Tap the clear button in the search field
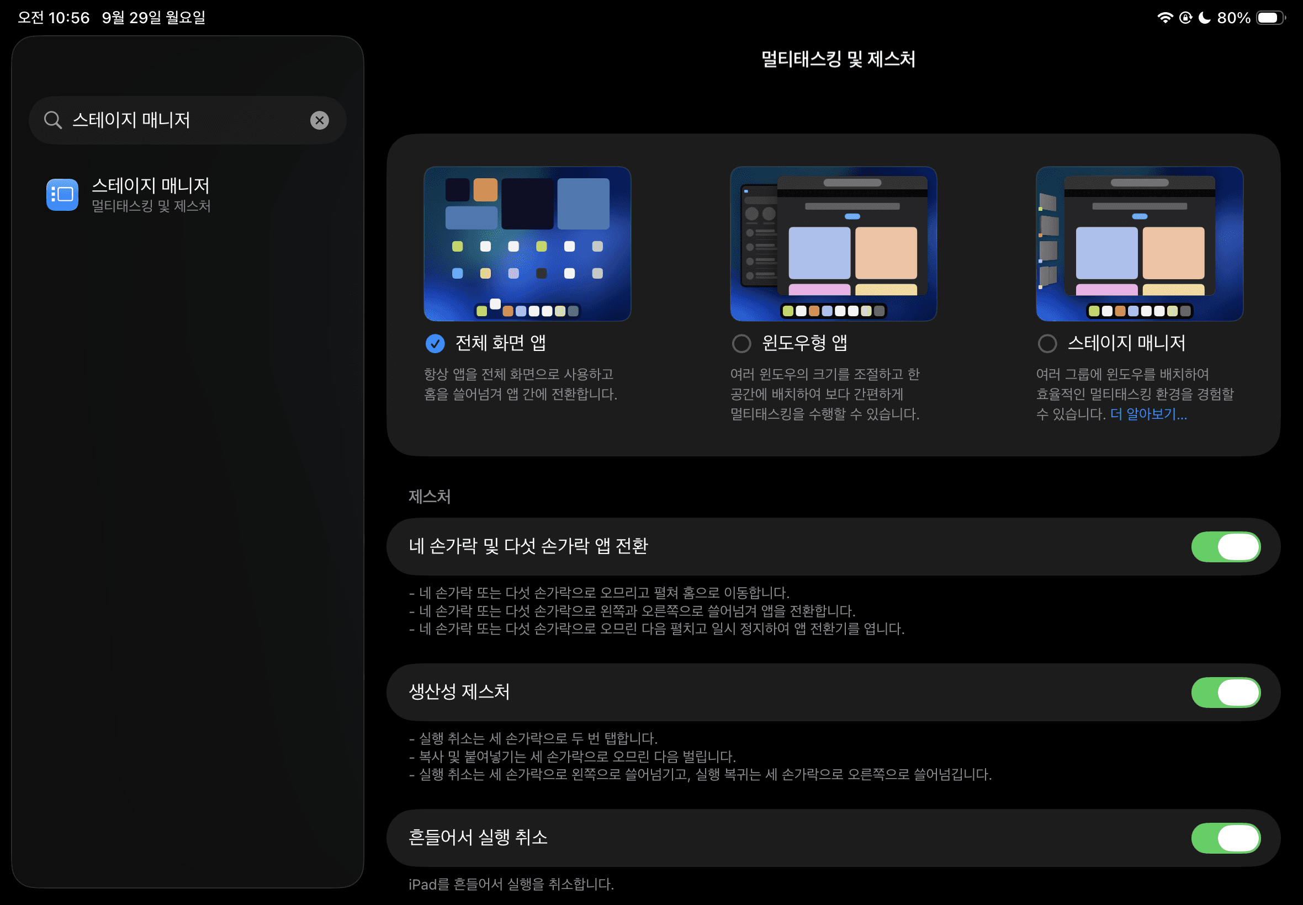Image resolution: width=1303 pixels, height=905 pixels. coord(319,120)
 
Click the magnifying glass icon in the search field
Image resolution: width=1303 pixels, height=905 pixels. coord(53,120)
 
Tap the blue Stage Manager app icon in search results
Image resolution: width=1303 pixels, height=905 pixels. coord(62,194)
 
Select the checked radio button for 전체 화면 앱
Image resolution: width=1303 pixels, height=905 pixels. coord(435,343)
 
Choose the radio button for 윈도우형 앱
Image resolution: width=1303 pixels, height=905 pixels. coord(741,343)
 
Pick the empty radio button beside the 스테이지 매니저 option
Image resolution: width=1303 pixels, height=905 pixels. coord(1047,343)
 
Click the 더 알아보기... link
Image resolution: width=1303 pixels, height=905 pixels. coord(1149,414)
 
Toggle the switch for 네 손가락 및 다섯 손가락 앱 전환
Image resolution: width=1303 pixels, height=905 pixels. coord(1226,547)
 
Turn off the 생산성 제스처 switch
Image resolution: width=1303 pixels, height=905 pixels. coord(1226,693)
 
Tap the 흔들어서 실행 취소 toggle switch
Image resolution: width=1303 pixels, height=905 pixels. coord(1226,838)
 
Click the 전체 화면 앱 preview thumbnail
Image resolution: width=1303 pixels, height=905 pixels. coord(528,244)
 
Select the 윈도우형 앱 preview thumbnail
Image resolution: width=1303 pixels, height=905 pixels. coord(833,244)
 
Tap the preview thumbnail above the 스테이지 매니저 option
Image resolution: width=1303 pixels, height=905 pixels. coord(1140,244)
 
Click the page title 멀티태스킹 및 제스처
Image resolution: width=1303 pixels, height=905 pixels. coord(839,59)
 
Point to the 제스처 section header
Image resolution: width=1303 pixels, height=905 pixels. coord(430,497)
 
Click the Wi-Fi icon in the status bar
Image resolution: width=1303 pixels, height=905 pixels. coord(1165,18)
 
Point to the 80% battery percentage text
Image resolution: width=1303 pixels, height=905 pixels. coord(1234,18)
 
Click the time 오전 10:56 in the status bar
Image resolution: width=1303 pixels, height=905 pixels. coord(54,18)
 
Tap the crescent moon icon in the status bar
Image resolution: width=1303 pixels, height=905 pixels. coord(1204,18)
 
